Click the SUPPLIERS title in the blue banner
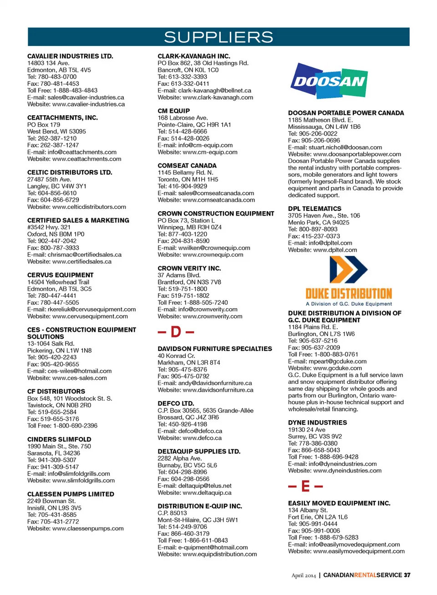pyautogui.click(x=218, y=37)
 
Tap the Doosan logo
pyautogui.click(x=329, y=81)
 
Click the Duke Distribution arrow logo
pyautogui.click(x=349, y=270)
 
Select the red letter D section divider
pyautogui.click(x=176, y=332)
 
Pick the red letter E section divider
pyautogui.click(x=305, y=487)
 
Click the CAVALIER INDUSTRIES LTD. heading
pyautogui.click(x=70, y=56)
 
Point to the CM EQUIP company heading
pyautogui.click(x=174, y=111)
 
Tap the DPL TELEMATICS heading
pyautogui.click(x=315, y=209)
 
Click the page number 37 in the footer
pyautogui.click(x=407, y=575)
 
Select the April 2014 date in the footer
pyautogui.click(x=304, y=575)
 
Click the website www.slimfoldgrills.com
pyautogui.click(x=83, y=480)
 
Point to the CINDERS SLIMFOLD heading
pyautogui.click(x=59, y=439)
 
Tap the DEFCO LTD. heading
pyautogui.click(x=176, y=403)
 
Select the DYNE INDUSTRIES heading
pyautogui.click(x=317, y=422)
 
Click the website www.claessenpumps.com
pyautogui.click(x=88, y=528)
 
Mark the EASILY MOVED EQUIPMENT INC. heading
pyautogui.click(x=339, y=503)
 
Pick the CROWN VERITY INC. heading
pyautogui.click(x=189, y=268)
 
